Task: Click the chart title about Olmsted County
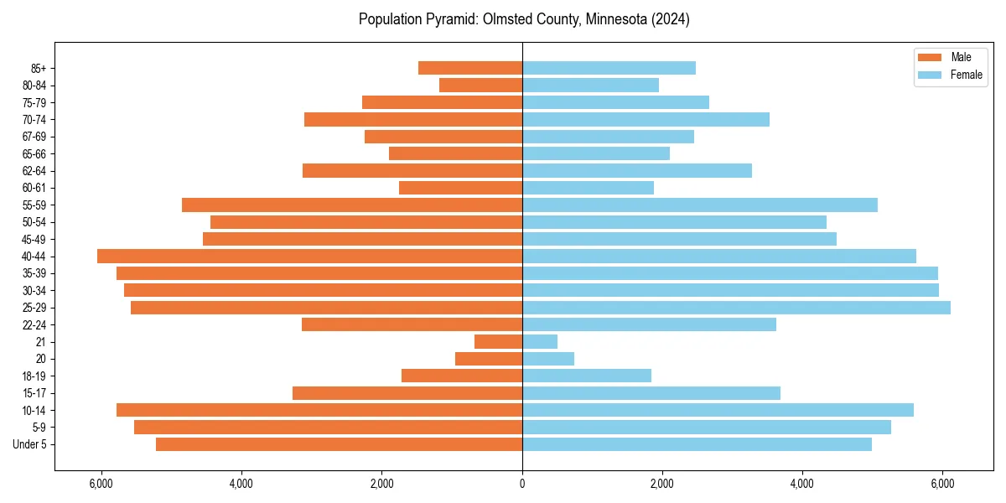tap(524, 19)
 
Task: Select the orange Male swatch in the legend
tap(930, 57)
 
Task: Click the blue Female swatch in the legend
tap(930, 75)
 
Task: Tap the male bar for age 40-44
tap(309, 257)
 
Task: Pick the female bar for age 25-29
tap(736, 308)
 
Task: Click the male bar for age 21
tap(498, 342)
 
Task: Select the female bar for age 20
tap(548, 359)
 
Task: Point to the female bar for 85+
tap(609, 68)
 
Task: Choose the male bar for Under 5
tap(339, 444)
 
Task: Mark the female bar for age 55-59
tap(700, 205)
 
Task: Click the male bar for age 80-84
tap(480, 86)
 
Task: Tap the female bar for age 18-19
tap(587, 376)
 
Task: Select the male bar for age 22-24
tap(412, 324)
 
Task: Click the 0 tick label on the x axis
tap(522, 484)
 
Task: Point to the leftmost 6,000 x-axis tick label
tap(101, 484)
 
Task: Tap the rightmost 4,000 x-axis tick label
tap(802, 484)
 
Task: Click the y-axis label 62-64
tap(34, 171)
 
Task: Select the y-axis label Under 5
tap(30, 444)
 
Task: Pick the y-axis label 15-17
tap(34, 393)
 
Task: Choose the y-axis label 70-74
tap(34, 120)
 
